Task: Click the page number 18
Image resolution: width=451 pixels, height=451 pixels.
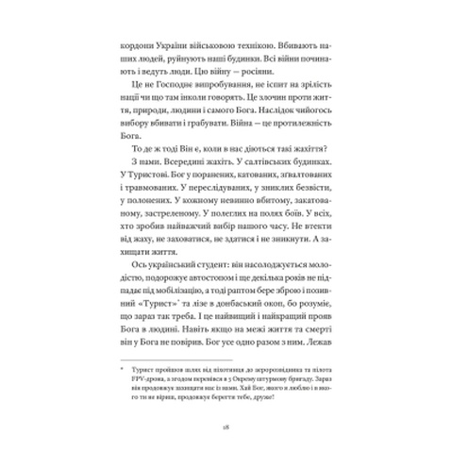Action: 225,425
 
